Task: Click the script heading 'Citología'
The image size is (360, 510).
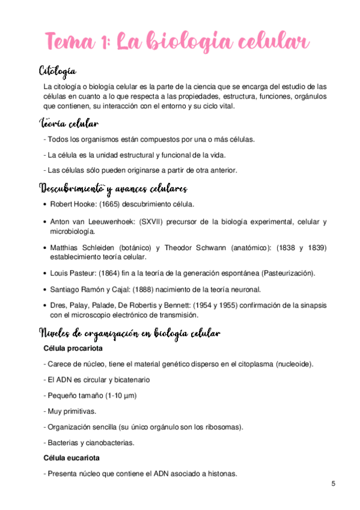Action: click(57, 72)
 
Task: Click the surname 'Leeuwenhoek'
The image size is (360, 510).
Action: click(111, 222)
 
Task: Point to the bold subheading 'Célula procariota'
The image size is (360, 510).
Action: click(73, 348)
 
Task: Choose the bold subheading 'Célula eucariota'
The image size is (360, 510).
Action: click(72, 458)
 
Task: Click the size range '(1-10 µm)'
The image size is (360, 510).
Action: click(120, 396)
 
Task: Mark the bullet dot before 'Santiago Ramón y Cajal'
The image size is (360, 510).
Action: click(45, 289)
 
